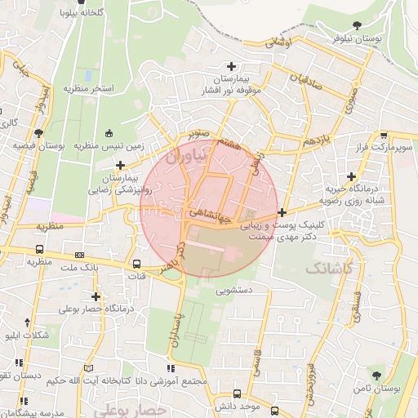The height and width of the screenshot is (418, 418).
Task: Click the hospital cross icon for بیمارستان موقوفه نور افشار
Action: [x=232, y=66]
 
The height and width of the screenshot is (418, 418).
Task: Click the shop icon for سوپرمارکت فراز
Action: [x=384, y=136]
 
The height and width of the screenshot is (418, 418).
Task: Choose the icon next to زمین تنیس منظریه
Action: [x=110, y=133]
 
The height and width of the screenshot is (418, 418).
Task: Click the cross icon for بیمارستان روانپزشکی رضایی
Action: [x=120, y=166]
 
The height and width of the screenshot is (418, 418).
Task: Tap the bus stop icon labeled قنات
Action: [x=136, y=264]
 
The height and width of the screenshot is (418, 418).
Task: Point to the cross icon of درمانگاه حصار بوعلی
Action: [x=97, y=297]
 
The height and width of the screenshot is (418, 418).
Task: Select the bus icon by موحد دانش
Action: [x=273, y=411]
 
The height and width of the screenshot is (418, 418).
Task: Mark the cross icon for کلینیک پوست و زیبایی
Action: [x=282, y=212]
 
